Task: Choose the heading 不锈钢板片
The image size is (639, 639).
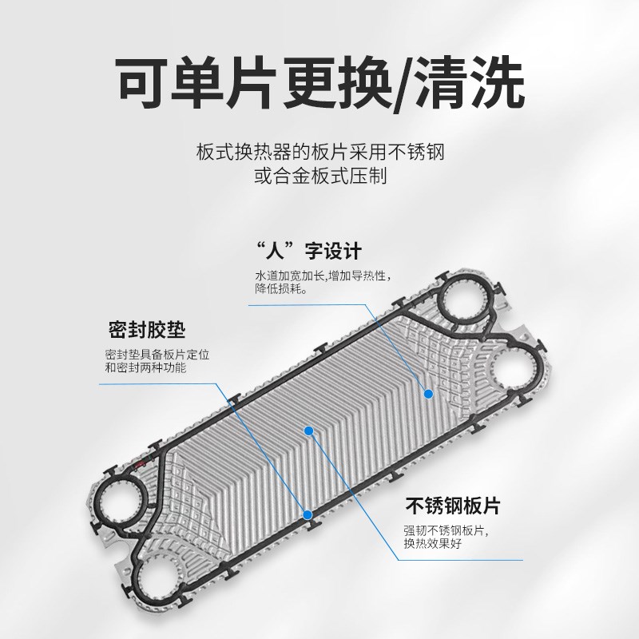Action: [x=453, y=506]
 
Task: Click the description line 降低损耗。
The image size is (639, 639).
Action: [x=281, y=289]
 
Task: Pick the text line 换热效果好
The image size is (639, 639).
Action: [x=434, y=544]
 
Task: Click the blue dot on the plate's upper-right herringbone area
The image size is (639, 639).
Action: [x=428, y=393]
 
